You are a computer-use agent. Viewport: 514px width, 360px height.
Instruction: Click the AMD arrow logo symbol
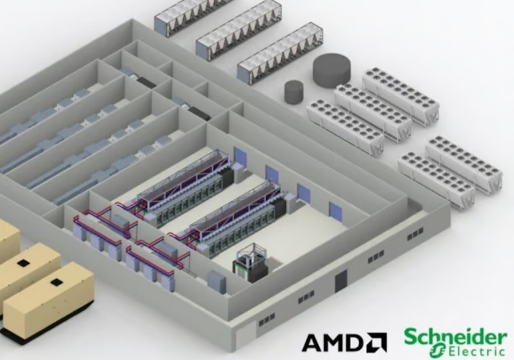(377, 343)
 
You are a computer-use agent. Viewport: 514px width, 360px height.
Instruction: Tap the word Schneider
(455, 337)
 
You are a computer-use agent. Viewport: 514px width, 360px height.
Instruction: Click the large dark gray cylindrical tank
(332, 71)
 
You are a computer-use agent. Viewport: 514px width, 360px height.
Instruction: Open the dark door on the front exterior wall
(341, 281)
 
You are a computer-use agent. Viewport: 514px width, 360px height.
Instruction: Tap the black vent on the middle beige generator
(23, 263)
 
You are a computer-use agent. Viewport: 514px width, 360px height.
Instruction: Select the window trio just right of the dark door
(376, 256)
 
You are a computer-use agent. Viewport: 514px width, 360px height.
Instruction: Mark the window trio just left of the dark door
(306, 297)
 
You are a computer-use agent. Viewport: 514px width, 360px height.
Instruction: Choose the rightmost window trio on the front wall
(415, 234)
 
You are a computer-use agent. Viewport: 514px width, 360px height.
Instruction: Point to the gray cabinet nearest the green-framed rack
(216, 283)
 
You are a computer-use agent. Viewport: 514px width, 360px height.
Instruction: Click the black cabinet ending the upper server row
(227, 177)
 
